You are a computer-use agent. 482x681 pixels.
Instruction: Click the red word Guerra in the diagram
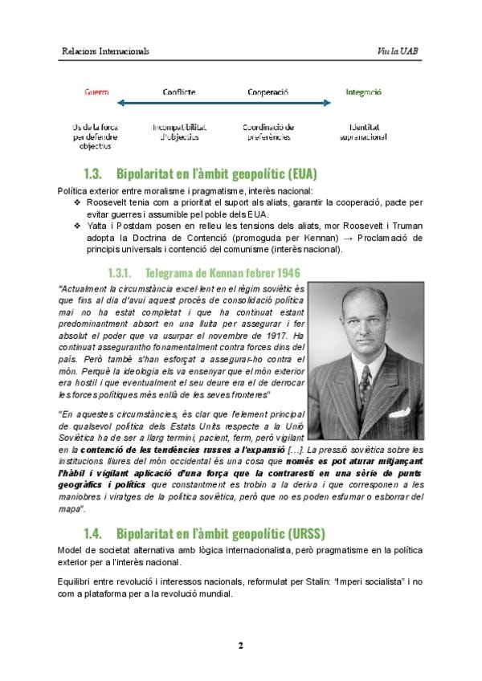pyautogui.click(x=96, y=92)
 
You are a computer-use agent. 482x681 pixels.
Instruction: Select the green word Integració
pyautogui.click(x=363, y=92)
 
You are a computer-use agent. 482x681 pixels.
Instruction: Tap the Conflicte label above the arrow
pyautogui.click(x=179, y=92)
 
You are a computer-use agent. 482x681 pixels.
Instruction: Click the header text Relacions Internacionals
pyautogui.click(x=105, y=51)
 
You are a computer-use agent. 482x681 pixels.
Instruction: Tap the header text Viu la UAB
pyautogui.click(x=398, y=51)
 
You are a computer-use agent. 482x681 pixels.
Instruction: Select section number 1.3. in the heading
pyautogui.click(x=94, y=173)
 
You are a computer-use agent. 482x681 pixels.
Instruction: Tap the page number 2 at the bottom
pyautogui.click(x=240, y=645)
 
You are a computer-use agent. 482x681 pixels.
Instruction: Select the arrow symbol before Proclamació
pyautogui.click(x=343, y=239)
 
